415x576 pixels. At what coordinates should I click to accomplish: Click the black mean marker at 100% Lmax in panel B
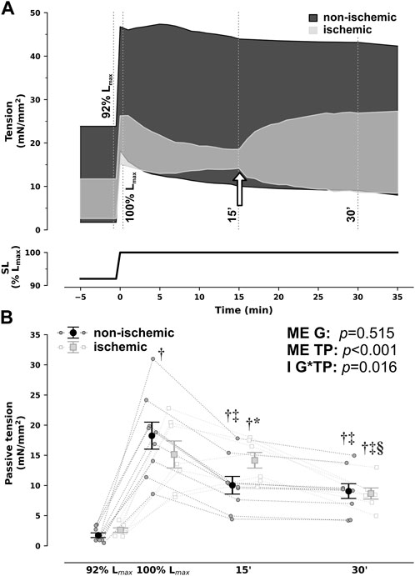tap(152, 436)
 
